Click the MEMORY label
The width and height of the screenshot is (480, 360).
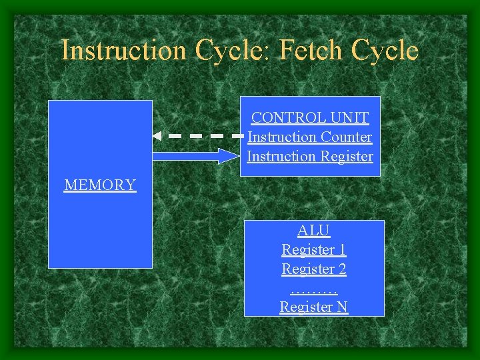[x=100, y=185]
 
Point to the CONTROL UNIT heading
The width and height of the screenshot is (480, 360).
[x=310, y=118]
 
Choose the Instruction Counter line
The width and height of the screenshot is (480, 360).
[x=310, y=137]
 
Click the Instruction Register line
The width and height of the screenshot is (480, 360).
[x=310, y=157]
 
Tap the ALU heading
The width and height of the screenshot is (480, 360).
[x=314, y=231]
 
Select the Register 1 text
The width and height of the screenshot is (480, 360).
[x=314, y=250]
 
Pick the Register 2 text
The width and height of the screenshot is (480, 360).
[x=314, y=269]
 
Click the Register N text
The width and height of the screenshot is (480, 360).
[x=314, y=307]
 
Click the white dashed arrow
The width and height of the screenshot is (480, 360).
[x=200, y=135]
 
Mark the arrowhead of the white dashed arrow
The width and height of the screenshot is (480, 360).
[x=157, y=135]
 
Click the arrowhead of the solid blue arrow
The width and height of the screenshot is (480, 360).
[x=229, y=156]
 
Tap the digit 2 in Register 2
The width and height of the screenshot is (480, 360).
[x=342, y=269]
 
